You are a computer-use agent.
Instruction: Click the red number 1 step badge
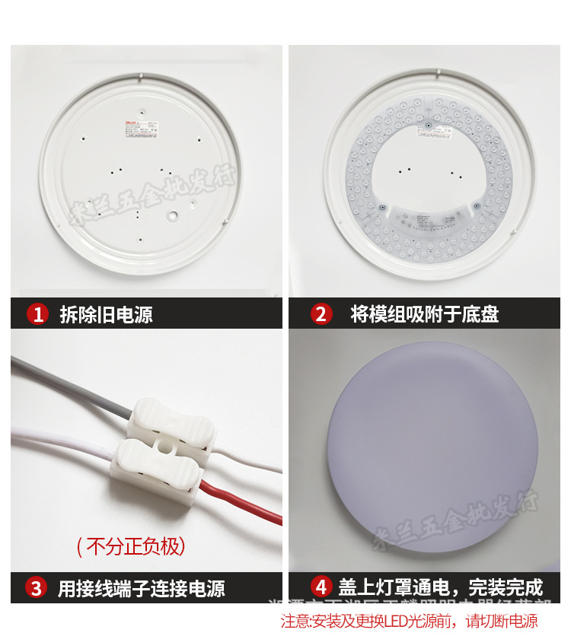pos(37,313)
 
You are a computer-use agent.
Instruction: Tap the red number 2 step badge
pos(321,313)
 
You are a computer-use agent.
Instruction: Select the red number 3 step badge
pos(37,587)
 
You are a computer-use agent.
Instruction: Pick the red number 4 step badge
pos(321,587)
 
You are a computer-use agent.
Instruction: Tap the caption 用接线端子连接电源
pos(141,588)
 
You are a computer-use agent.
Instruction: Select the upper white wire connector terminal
pos(169,421)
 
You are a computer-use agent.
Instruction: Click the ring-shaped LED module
pos(358,175)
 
